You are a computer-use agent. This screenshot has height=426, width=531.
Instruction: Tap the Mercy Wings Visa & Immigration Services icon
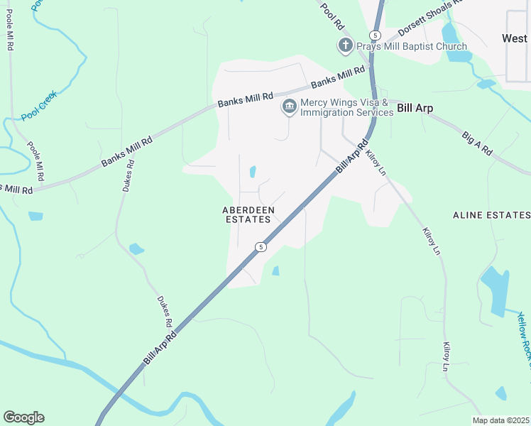coord(289,107)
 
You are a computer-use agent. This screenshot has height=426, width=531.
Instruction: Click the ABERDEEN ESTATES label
coord(247,214)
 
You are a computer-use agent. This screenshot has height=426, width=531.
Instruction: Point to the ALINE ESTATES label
coord(491,214)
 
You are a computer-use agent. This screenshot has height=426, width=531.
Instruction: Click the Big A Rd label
coord(477,143)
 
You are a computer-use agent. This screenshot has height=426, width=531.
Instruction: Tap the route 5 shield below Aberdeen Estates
coord(261,247)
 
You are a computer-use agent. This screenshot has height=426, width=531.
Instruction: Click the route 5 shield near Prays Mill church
coord(375,35)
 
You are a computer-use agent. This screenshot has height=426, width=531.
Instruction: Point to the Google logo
coord(23,417)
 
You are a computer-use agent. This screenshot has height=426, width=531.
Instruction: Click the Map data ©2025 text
coord(500,420)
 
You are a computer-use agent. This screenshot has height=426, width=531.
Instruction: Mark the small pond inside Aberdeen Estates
coord(253,171)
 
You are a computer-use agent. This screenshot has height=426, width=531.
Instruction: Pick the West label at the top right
coord(515,38)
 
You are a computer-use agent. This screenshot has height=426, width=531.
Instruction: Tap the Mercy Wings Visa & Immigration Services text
coord(346,107)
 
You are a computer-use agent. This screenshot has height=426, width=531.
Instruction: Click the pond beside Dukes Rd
coord(136,248)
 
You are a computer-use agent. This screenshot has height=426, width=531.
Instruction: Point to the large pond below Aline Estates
coord(495,288)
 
